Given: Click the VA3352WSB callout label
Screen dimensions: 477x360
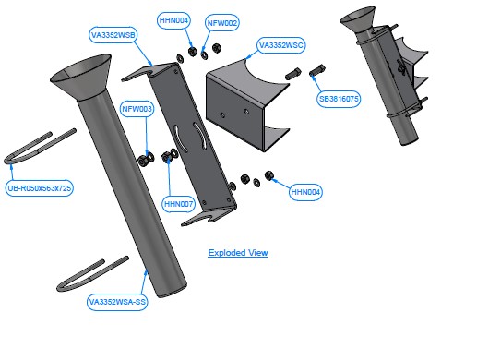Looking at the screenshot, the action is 113,35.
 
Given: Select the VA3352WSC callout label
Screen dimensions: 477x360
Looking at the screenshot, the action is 281,45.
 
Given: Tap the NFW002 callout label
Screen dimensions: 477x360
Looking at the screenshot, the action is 222,23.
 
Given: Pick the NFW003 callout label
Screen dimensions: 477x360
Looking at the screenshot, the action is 137,109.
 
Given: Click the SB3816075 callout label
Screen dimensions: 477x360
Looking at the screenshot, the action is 339,99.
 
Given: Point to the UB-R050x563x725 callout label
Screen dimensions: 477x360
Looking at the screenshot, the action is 40,188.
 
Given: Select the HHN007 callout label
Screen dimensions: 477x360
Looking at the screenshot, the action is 178,204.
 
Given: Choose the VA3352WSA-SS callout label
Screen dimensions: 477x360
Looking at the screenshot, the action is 117,302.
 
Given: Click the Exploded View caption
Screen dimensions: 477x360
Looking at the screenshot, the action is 238,253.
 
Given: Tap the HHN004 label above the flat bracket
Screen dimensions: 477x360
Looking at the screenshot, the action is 173,20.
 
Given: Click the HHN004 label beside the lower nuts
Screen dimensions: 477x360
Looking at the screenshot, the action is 305,192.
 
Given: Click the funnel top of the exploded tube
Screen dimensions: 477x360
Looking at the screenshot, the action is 80,77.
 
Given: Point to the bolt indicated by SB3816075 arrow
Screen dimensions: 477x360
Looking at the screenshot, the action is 317,70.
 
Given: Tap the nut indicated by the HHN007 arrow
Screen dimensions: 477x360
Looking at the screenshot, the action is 166,157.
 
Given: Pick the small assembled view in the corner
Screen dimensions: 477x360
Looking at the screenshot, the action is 385,76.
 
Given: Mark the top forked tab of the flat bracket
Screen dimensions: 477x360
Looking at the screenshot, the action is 149,71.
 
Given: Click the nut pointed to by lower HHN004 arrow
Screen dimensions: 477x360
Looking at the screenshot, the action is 269,175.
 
